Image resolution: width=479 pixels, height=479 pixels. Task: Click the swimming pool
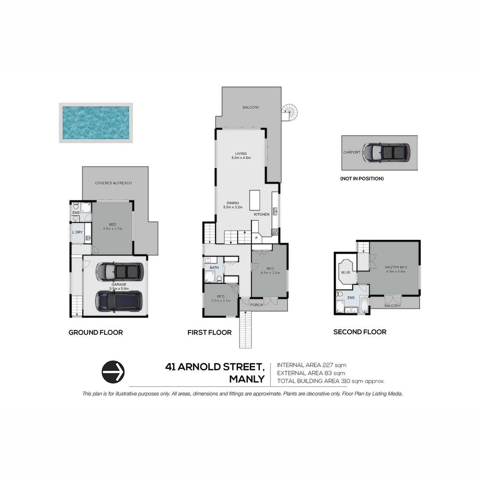pos(96,123)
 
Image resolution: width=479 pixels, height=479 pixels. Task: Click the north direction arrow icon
pos(113,372)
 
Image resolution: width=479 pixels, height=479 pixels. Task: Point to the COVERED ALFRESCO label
pos(113,183)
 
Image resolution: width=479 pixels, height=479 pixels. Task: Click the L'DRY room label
pos(76,232)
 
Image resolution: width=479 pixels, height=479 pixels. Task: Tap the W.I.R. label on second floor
pos(346,272)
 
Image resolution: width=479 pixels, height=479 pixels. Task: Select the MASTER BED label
pos(396,267)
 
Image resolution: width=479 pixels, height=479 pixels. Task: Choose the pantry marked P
pos(256,238)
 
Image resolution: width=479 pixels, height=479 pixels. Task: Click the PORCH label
pos(256,305)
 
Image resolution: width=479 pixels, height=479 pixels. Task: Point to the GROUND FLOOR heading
pos(95,332)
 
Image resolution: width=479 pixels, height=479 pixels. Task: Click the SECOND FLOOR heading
pos(360,332)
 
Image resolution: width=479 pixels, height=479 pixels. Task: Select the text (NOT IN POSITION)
pos(361,178)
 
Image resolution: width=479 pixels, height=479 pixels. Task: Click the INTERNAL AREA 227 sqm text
pos(311,365)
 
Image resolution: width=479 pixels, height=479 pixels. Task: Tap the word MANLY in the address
pos(247,379)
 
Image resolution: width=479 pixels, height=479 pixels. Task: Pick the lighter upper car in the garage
pos(120,271)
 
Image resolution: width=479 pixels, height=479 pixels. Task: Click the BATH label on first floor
pos(214,267)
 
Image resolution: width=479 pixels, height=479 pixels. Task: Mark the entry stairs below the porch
pos(246,330)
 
